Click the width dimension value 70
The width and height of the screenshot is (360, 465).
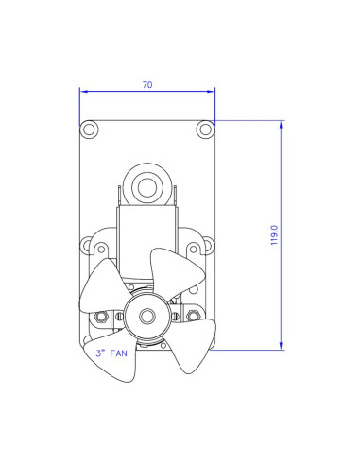coord(147,84)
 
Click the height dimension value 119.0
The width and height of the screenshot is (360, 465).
coord(273,234)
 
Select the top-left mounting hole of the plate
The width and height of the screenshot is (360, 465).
coord(88,129)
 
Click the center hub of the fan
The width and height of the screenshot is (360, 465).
coord(146,314)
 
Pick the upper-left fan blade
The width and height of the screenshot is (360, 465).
coord(102,287)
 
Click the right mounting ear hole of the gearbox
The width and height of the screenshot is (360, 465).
coord(195,250)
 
